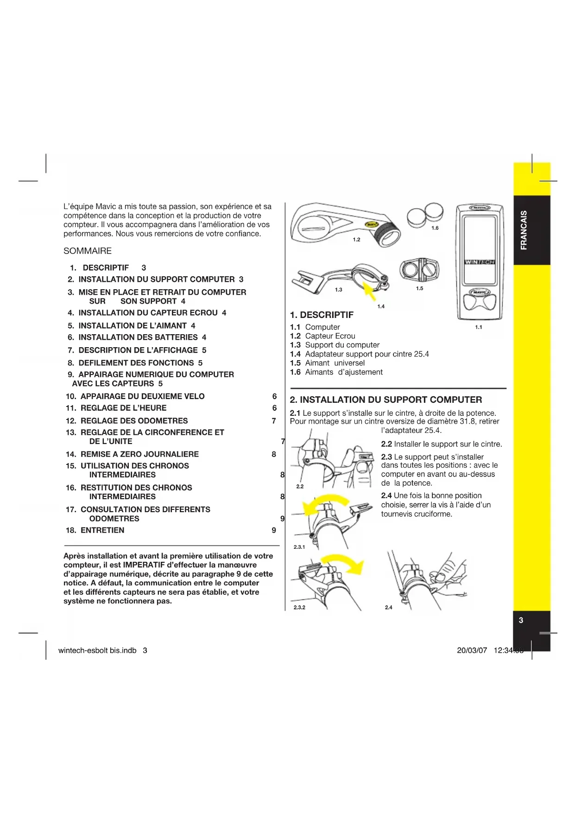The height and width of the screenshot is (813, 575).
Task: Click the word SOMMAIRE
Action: click(88, 251)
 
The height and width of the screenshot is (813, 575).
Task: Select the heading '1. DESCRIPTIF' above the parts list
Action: click(322, 315)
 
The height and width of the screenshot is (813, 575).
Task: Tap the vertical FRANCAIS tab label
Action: click(524, 230)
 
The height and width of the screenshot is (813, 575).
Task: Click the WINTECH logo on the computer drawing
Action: click(480, 262)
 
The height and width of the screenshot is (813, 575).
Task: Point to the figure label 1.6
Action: click(435, 228)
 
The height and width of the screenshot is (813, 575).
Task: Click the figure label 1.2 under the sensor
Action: click(356, 240)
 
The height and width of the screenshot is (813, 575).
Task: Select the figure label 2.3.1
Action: click(299, 547)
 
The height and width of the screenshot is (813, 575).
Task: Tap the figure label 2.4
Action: click(388, 607)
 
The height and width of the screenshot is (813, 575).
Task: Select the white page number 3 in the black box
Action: click(521, 620)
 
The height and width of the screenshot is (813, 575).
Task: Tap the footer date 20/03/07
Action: click(472, 650)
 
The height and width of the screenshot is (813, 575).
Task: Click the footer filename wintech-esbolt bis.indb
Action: click(97, 650)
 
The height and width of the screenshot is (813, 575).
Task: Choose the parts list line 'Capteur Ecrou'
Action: click(330, 336)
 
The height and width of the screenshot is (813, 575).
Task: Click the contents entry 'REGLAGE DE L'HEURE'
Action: click(123, 408)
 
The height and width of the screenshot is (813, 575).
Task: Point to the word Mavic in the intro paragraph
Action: click(106, 207)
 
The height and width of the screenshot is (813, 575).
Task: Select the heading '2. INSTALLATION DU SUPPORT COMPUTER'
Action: click(385, 400)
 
